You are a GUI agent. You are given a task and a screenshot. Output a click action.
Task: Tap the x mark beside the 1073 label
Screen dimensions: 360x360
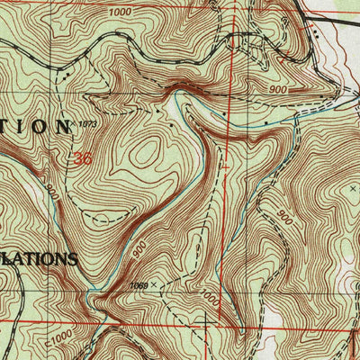[76, 124]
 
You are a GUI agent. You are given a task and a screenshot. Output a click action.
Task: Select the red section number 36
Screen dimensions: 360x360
[85, 158]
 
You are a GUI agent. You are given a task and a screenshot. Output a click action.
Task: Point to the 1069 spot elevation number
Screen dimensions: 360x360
[139, 284]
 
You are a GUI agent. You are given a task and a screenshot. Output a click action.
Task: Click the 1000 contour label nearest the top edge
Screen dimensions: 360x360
[119, 13]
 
